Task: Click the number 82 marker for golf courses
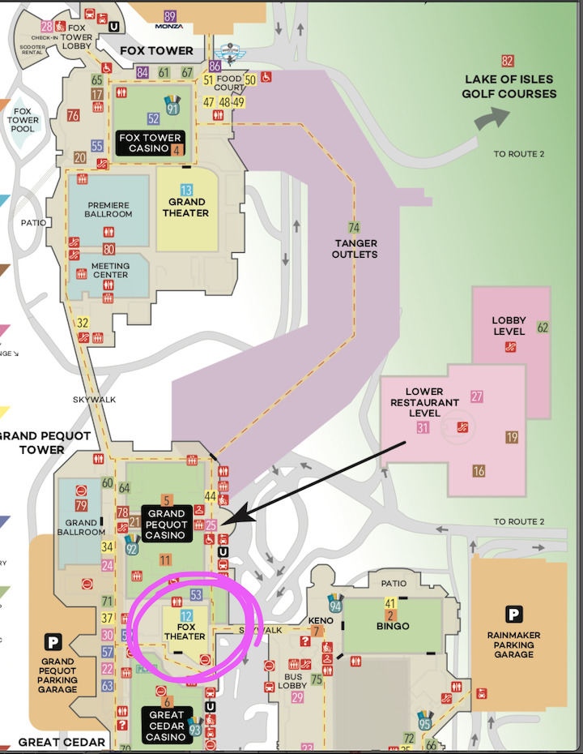pyautogui.click(x=508, y=61)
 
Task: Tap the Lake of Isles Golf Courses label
pyautogui.click(x=509, y=87)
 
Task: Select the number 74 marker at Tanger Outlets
pyautogui.click(x=353, y=228)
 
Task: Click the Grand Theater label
pyautogui.click(x=188, y=208)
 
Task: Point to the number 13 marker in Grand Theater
pyautogui.click(x=186, y=190)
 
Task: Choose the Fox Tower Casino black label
pyautogui.click(x=150, y=143)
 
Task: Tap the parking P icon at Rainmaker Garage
pyautogui.click(x=513, y=614)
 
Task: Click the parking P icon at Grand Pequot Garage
pyautogui.click(x=53, y=643)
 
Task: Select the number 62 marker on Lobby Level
pyautogui.click(x=543, y=328)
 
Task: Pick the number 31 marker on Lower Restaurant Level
pyautogui.click(x=423, y=428)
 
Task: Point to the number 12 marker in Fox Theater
pyautogui.click(x=186, y=616)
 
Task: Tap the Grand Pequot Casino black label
pyautogui.click(x=167, y=524)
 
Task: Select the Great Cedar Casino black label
pyautogui.click(x=167, y=726)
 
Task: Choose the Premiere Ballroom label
pyautogui.click(x=108, y=209)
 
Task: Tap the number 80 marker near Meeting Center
pyautogui.click(x=109, y=250)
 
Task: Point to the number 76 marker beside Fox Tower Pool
pyautogui.click(x=73, y=115)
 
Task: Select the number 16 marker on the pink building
pyautogui.click(x=479, y=471)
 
